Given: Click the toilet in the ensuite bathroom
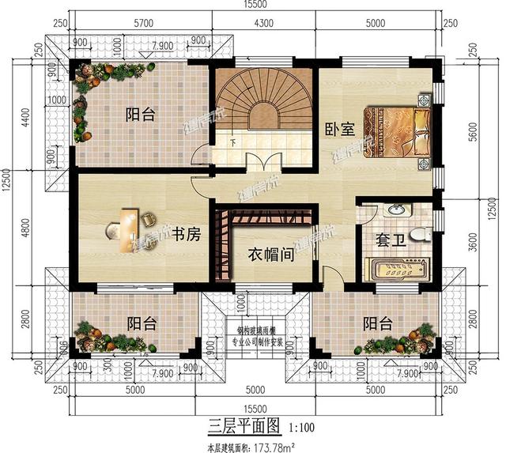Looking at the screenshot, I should [423, 233].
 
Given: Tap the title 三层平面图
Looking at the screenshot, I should [244, 427].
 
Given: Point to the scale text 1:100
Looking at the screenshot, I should [300, 428].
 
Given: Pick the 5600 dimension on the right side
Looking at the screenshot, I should [474, 134].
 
